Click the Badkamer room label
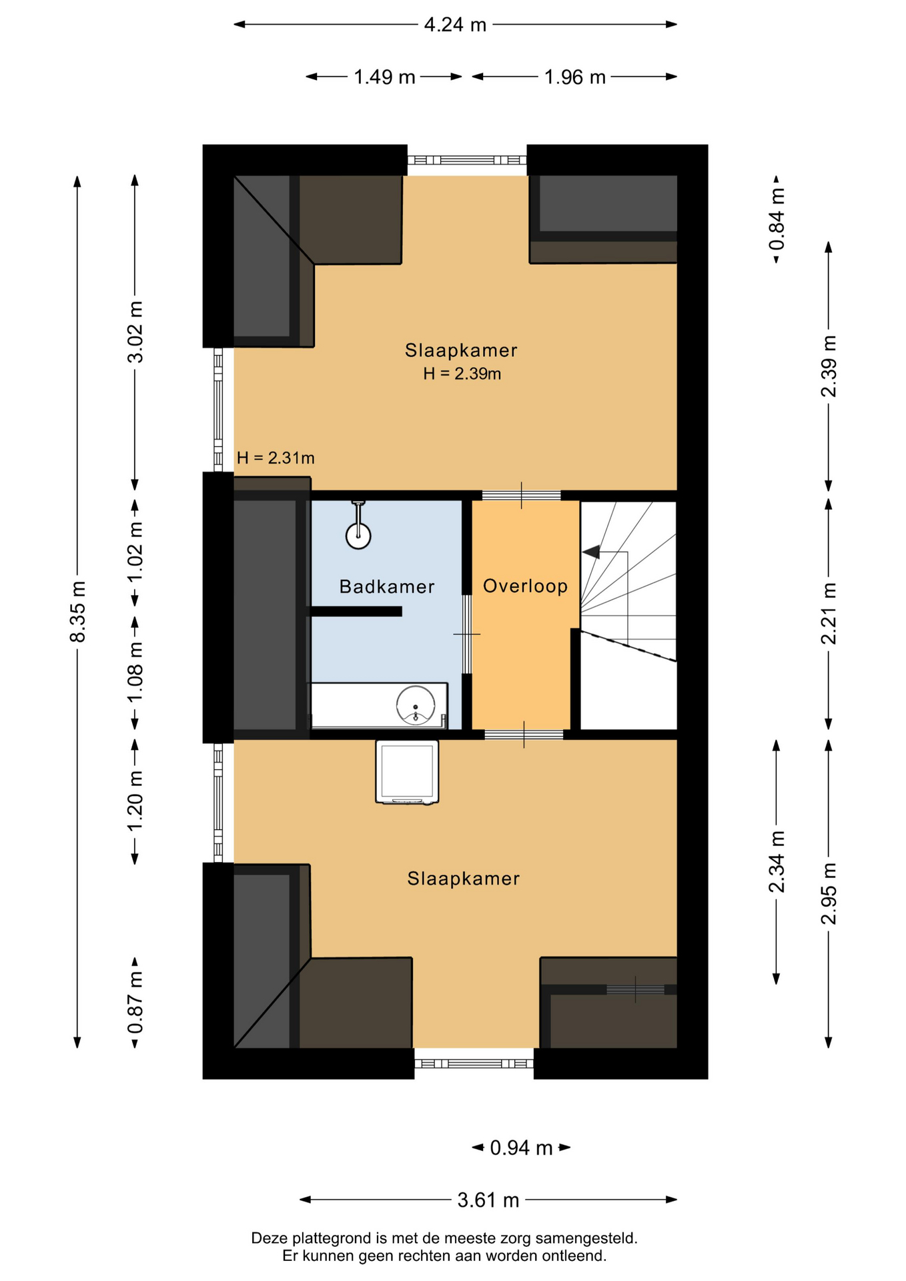(x=386, y=586)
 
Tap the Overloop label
(x=525, y=586)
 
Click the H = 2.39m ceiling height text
(x=462, y=374)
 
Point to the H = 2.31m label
(x=276, y=458)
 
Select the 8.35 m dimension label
(x=78, y=612)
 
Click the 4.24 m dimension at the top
(x=455, y=25)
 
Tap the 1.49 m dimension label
(x=384, y=77)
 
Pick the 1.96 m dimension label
(x=574, y=77)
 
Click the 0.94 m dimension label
(x=521, y=1148)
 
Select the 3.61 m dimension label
(x=488, y=1200)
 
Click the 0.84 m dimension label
(x=777, y=219)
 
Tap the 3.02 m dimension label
(x=135, y=332)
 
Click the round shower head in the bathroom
(x=358, y=535)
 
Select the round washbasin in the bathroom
(x=416, y=705)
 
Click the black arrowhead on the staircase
(x=591, y=552)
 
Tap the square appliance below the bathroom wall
(x=407, y=771)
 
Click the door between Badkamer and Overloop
(x=467, y=634)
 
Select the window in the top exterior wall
(x=467, y=160)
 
